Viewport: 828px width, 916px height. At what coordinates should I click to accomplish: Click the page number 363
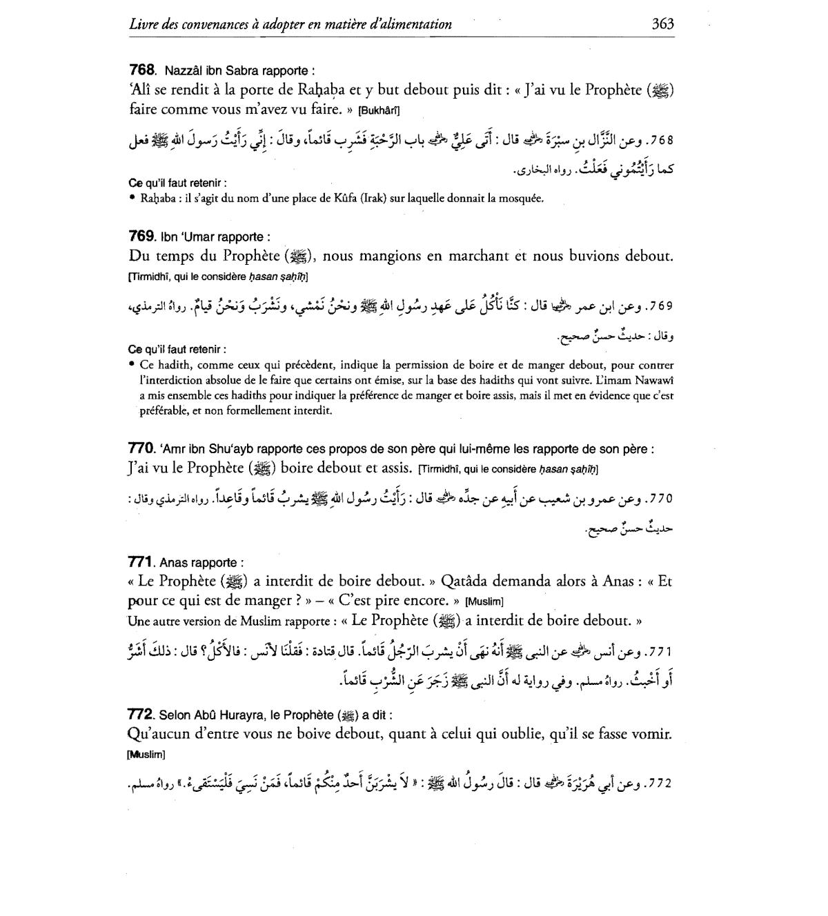click(662, 24)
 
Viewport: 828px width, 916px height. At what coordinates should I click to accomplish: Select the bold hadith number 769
click(143, 237)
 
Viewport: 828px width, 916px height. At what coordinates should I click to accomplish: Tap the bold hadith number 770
click(143, 449)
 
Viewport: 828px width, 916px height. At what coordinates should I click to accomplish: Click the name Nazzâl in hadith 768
click(182, 70)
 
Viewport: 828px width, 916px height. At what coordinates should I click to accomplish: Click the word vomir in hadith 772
click(651, 734)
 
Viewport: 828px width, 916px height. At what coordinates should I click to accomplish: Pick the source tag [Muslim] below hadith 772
click(147, 754)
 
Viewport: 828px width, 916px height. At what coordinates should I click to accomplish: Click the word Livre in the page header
click(143, 24)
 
